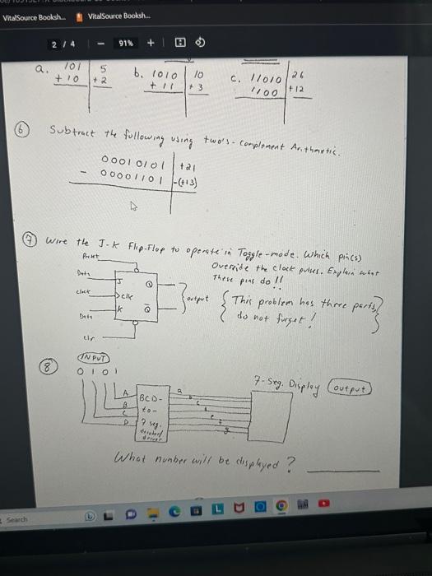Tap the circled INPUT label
91,359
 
